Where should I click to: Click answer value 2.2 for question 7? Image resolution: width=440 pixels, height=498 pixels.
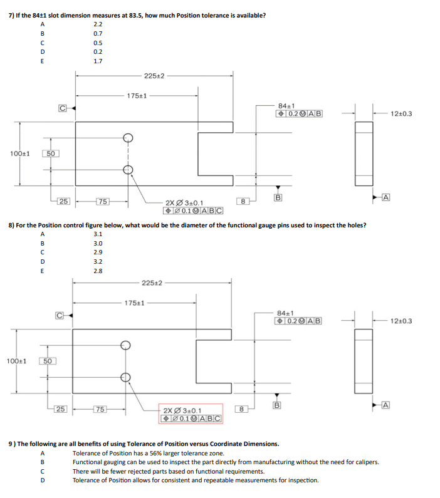[97, 24]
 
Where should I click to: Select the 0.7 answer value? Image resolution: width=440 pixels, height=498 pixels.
[97, 33]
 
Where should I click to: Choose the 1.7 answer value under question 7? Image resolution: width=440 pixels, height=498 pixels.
[97, 61]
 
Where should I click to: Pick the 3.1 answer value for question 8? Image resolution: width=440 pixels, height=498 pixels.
[97, 234]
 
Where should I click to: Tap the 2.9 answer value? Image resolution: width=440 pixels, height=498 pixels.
[97, 252]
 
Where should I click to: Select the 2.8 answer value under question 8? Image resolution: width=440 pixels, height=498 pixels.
[97, 271]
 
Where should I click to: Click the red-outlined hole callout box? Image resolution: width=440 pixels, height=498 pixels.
[191, 415]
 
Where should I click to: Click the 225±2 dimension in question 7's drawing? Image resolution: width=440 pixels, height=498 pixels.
[154, 76]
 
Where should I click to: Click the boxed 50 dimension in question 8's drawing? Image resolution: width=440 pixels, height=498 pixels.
[48, 361]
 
